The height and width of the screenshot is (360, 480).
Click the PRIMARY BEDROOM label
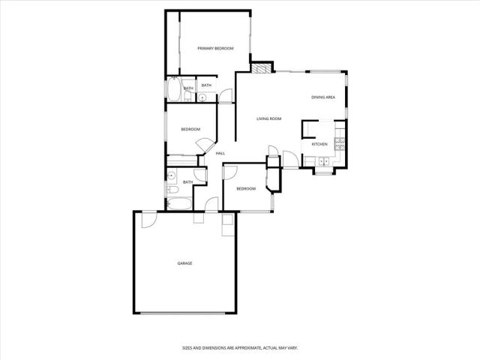[215, 49]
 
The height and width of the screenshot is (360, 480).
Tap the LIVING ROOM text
[268, 118]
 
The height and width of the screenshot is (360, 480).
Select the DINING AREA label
[322, 97]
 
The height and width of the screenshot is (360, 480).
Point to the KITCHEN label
[319, 144]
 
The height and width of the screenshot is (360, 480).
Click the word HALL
[220, 154]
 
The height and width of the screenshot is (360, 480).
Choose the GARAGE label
[184, 263]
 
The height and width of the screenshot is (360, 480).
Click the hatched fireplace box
[260, 69]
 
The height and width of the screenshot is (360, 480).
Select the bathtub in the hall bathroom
[180, 203]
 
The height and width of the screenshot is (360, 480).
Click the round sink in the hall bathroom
[172, 178]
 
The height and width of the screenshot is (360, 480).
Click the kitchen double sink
[324, 161]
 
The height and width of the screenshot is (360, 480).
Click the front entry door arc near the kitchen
[273, 159]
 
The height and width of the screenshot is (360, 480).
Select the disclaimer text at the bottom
[240, 347]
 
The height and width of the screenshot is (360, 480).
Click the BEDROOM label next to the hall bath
[246, 189]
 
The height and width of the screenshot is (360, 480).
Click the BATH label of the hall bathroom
[187, 182]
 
